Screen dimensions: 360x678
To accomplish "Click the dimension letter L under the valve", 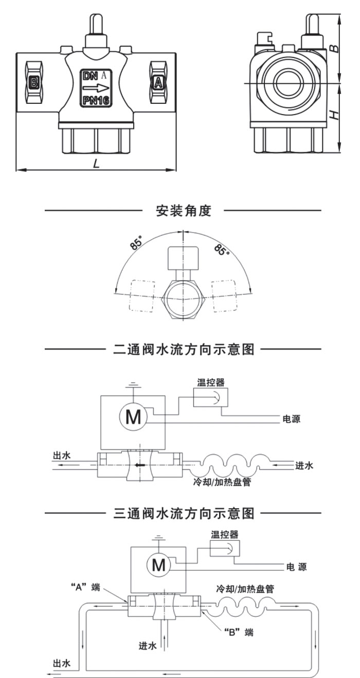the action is pyautogui.click(x=96, y=163).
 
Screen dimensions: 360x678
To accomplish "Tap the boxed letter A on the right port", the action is pyautogui.click(x=158, y=82).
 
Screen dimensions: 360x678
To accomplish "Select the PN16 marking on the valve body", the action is pyautogui.click(x=96, y=100).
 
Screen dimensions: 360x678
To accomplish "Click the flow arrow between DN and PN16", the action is pyautogui.click(x=96, y=88).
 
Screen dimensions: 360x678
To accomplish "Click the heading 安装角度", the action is pyautogui.click(x=184, y=210).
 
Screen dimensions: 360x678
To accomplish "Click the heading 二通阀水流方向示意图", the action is pyautogui.click(x=184, y=349).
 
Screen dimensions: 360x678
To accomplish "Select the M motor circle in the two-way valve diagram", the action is pyautogui.click(x=133, y=417).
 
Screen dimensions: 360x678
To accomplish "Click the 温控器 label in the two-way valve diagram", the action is pyautogui.click(x=211, y=382).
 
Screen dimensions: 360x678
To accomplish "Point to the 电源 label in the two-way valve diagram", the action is pyautogui.click(x=291, y=419).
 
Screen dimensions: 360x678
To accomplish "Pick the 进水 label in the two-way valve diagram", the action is pyautogui.click(x=304, y=465).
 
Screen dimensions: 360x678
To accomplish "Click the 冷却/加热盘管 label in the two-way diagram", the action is pyautogui.click(x=222, y=482).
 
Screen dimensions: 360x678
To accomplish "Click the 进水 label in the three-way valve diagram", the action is pyautogui.click(x=148, y=646).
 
